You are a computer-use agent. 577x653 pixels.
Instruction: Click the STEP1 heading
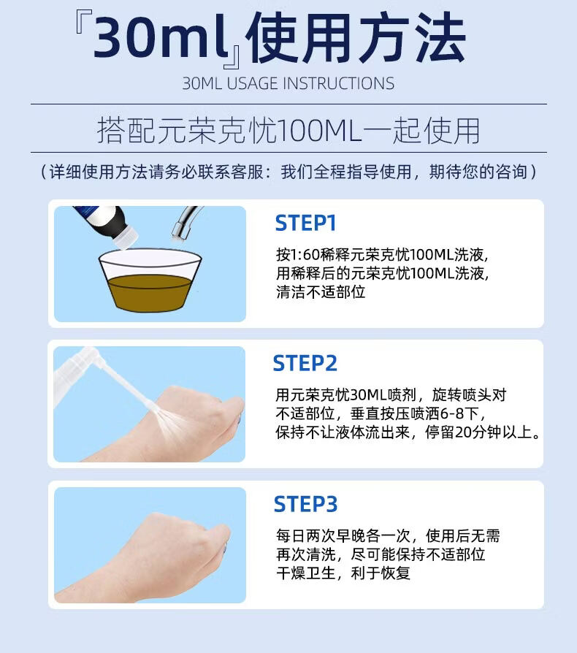(x=305, y=224)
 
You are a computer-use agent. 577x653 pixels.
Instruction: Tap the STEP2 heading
(x=305, y=363)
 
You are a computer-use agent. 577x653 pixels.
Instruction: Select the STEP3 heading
(x=305, y=504)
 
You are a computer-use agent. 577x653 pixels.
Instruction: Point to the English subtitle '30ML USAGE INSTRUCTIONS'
(x=288, y=83)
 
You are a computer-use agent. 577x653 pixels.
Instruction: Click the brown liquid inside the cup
(x=149, y=292)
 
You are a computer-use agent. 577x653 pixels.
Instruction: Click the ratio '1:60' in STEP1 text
(x=305, y=254)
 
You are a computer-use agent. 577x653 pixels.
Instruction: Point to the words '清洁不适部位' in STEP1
(x=321, y=292)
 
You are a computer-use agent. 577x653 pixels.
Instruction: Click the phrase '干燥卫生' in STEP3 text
(x=306, y=573)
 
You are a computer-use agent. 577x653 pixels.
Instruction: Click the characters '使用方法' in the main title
(x=356, y=37)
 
